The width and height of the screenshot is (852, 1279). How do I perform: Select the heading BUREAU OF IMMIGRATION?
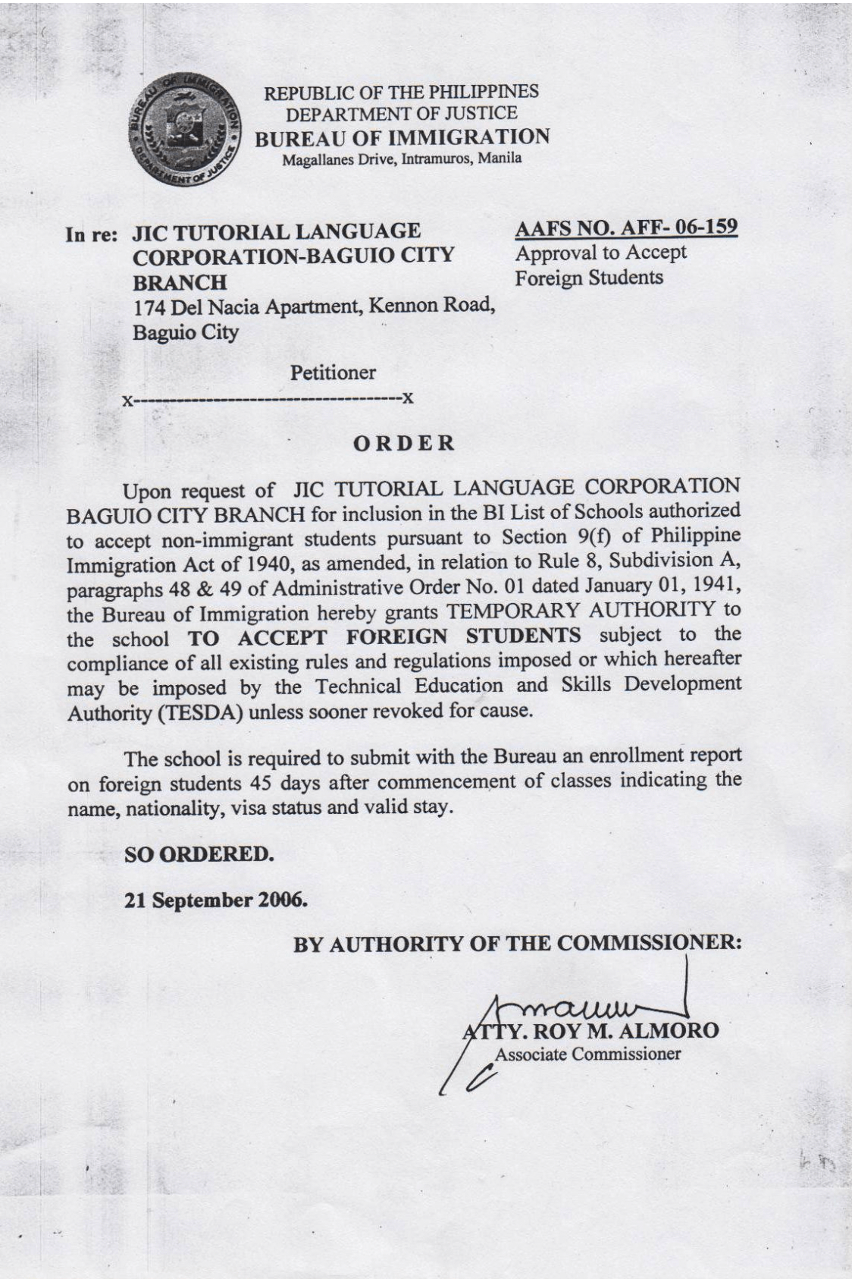(x=402, y=137)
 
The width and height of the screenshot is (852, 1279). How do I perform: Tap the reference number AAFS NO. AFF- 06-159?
(x=626, y=228)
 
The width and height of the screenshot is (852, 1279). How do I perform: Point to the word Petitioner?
(x=333, y=372)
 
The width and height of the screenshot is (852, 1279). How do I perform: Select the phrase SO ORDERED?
(x=198, y=854)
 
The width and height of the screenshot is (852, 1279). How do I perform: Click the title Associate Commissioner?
(x=587, y=1054)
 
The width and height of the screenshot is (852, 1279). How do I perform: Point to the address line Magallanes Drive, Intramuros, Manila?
(x=402, y=159)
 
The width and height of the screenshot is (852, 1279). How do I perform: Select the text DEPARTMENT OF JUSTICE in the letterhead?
(x=401, y=114)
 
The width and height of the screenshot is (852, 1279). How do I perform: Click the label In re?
(x=92, y=234)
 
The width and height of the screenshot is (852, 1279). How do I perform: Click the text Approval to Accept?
(x=600, y=253)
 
